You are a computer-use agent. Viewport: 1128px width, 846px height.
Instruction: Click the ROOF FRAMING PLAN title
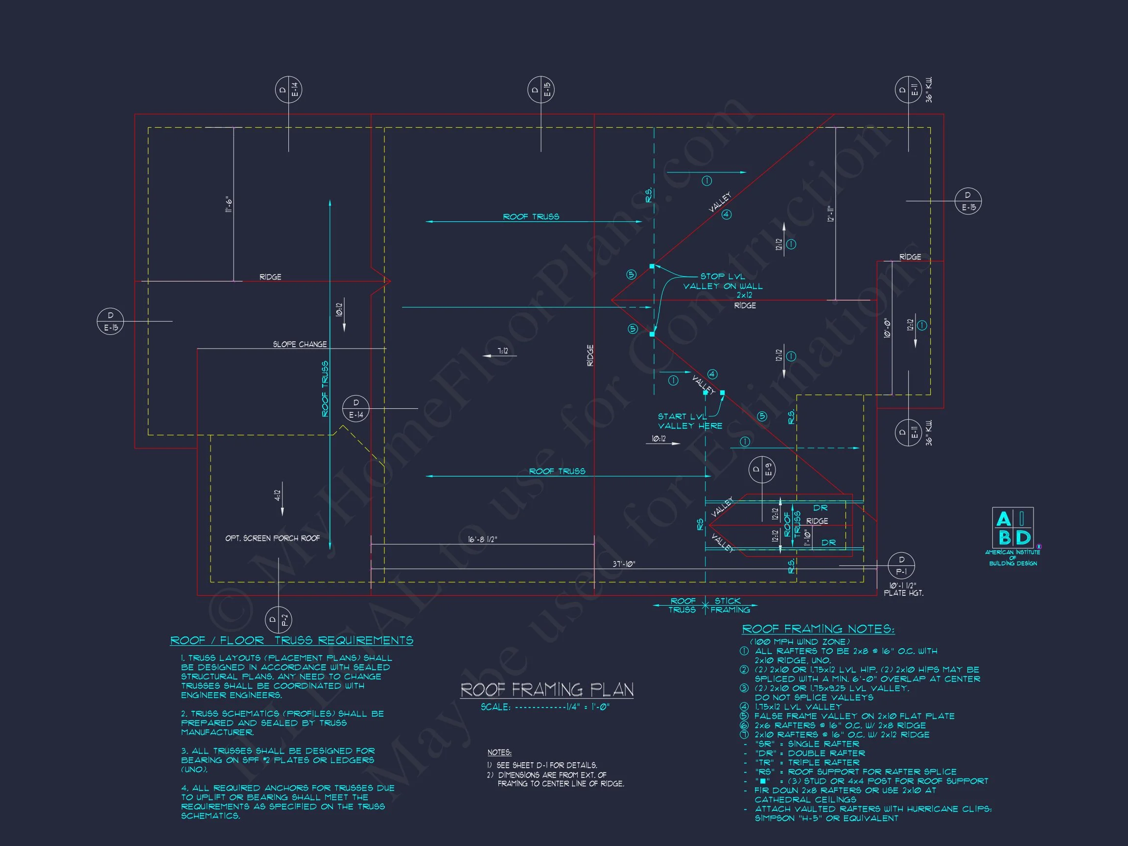pos(547,690)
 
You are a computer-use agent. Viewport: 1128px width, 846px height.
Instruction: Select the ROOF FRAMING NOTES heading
pos(818,629)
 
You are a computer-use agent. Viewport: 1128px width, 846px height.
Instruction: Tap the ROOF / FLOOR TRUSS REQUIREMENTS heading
pos(292,640)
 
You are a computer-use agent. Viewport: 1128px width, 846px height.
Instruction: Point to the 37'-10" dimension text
pos(624,564)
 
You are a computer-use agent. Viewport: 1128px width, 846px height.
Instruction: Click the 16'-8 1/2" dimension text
pos(482,539)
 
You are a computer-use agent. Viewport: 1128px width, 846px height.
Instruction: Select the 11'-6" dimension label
pos(229,204)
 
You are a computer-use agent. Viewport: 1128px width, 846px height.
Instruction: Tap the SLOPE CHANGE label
pos(300,344)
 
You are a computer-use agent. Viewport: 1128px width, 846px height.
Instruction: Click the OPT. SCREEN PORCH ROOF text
pos(272,539)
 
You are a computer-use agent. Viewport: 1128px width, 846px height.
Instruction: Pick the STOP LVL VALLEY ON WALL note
pos(723,281)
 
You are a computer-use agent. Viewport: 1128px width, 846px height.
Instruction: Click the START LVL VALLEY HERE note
pos(689,421)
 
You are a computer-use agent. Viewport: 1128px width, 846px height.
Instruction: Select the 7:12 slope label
pos(503,351)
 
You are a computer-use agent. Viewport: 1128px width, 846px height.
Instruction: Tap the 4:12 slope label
pos(278,495)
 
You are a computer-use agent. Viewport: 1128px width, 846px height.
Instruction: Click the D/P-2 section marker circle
pos(279,620)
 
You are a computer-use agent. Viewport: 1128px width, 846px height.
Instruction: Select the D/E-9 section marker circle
pos(762,470)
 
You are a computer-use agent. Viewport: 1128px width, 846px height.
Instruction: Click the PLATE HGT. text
pos(903,593)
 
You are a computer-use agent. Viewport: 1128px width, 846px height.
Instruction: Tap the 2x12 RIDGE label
pos(745,300)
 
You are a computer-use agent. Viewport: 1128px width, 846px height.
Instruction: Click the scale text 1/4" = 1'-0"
pos(545,707)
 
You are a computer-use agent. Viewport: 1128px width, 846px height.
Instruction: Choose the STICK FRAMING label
pos(730,605)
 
